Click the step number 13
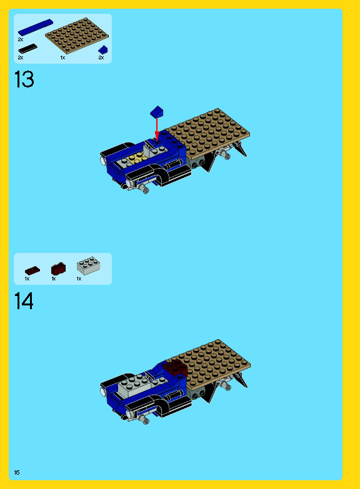[x=24, y=79]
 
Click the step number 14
[x=24, y=301]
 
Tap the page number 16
[x=17, y=473]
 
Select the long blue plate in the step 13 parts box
[x=35, y=27]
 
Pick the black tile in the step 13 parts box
[x=27, y=49]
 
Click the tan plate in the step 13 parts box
[x=77, y=35]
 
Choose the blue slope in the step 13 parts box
[x=103, y=49]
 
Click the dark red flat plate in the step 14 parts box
[x=32, y=270]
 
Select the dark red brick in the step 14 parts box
[x=58, y=269]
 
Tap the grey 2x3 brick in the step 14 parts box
[x=89, y=265]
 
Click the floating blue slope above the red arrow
[x=157, y=112]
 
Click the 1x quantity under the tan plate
[x=62, y=57]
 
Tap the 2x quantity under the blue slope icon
[x=101, y=57]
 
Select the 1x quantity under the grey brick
[x=79, y=279]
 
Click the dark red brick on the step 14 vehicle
[x=176, y=368]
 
